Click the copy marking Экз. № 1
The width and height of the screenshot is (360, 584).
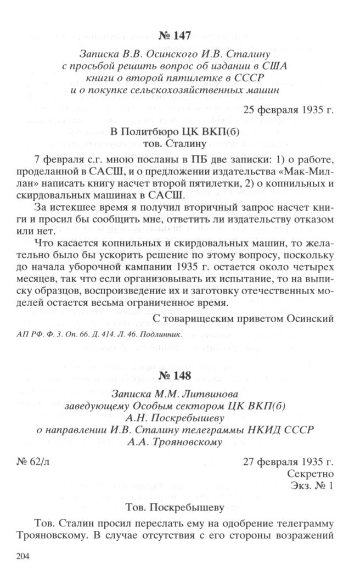tap(311, 486)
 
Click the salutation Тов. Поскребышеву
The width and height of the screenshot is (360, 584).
tap(175, 507)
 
